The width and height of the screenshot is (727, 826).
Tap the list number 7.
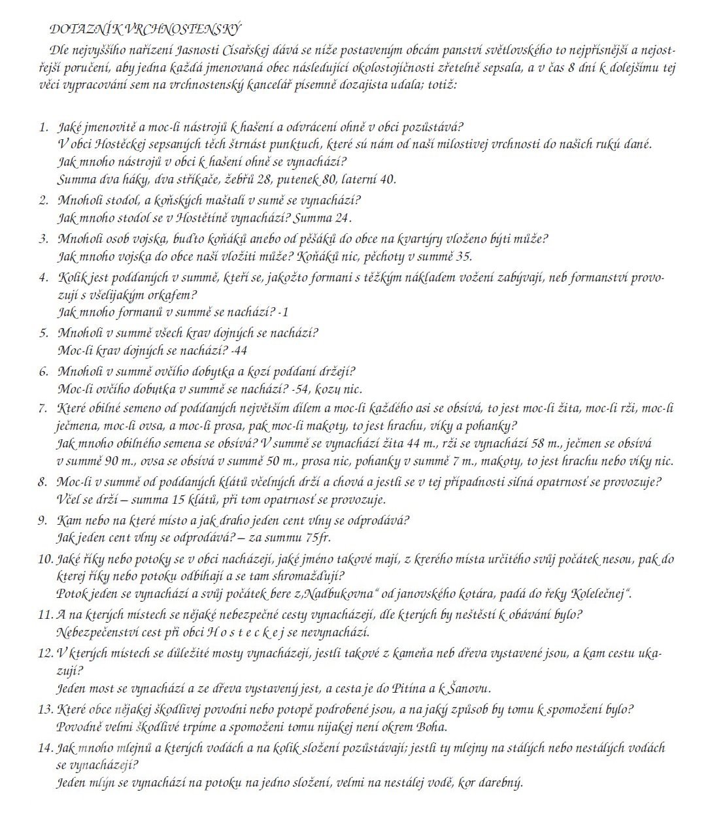tap(44, 409)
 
